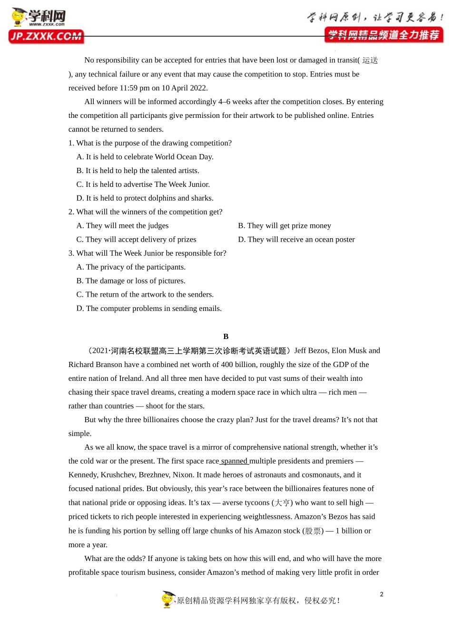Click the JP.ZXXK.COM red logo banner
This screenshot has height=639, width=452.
click(x=46, y=37)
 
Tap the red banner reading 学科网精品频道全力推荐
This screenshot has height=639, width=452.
click(x=383, y=35)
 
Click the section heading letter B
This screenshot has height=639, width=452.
click(x=226, y=337)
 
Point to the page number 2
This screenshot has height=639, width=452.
click(x=382, y=594)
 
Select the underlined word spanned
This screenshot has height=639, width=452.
click(x=234, y=461)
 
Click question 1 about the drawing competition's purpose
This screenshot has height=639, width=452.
click(x=150, y=143)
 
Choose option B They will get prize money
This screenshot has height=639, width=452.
click(x=285, y=226)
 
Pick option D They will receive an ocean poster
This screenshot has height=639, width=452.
click(x=296, y=240)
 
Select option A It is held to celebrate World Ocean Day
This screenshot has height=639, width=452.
click(x=145, y=157)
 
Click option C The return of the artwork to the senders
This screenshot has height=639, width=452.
click(x=145, y=295)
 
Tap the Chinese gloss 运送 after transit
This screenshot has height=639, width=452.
click(x=370, y=60)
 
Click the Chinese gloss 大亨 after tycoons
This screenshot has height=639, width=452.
click(x=282, y=503)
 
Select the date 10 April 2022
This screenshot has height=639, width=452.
click(x=185, y=88)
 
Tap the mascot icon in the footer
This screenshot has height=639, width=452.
click(x=168, y=599)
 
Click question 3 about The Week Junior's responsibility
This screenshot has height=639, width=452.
click(x=147, y=253)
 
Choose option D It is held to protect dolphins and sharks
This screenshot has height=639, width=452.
click(x=145, y=198)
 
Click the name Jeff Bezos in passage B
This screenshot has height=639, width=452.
click(x=311, y=351)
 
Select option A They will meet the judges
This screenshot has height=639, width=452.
click(x=122, y=226)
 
